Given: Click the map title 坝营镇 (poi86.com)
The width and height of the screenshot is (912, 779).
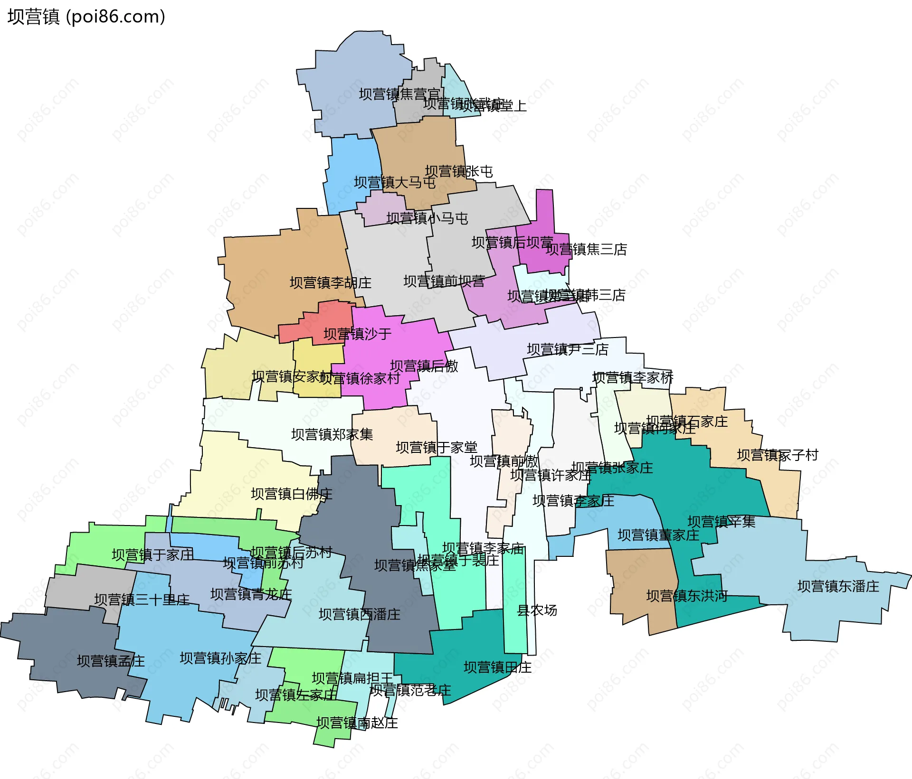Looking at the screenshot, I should pyautogui.click(x=86, y=17).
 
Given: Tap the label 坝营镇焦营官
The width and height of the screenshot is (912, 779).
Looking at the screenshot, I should pyautogui.click(x=399, y=94).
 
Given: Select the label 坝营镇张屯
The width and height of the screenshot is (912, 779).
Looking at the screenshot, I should pyautogui.click(x=459, y=171).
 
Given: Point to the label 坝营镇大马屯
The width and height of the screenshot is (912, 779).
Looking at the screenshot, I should pyautogui.click(x=395, y=183).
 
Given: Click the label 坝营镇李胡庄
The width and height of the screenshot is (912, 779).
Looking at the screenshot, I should pyautogui.click(x=331, y=283).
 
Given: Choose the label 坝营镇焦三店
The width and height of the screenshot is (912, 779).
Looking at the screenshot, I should pyautogui.click(x=586, y=249).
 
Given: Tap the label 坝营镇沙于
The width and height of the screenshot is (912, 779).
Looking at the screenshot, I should pyautogui.click(x=358, y=334).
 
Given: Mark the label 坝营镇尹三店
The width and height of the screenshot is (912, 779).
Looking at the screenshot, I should pyautogui.click(x=568, y=350).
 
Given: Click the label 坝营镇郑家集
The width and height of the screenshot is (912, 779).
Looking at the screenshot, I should pyautogui.click(x=332, y=434).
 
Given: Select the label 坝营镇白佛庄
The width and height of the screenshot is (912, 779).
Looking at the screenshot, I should pyautogui.click(x=292, y=494).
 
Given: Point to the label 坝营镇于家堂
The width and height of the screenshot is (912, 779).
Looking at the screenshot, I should pyautogui.click(x=437, y=447).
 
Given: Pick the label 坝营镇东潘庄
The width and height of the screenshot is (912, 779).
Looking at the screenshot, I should pyautogui.click(x=838, y=586).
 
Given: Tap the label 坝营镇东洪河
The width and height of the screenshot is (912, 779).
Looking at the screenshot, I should pyautogui.click(x=687, y=596).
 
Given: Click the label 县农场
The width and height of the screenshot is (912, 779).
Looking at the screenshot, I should pyautogui.click(x=537, y=610).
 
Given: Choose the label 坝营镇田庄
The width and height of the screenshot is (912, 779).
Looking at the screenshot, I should pyautogui.click(x=497, y=667).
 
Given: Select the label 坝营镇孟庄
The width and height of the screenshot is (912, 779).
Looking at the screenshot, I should pyautogui.click(x=111, y=661).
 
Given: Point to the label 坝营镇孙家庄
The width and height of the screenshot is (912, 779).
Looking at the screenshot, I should pyautogui.click(x=220, y=658).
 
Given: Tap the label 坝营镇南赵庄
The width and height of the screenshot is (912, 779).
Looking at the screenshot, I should pyautogui.click(x=357, y=723).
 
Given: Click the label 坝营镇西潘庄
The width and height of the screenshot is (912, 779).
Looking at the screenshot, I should pyautogui.click(x=360, y=615).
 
